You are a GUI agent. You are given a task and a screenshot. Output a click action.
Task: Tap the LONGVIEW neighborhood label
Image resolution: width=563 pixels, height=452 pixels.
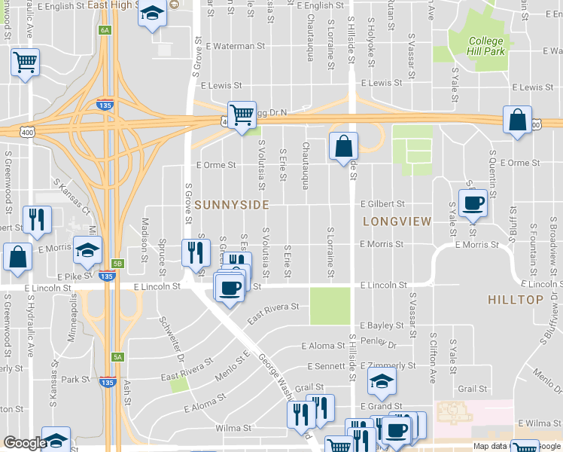[x=396, y=221]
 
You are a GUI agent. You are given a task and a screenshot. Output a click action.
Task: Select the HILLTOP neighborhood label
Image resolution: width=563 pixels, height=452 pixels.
[x=515, y=300]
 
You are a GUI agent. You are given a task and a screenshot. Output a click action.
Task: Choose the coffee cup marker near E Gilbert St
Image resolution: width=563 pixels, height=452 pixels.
[x=473, y=204]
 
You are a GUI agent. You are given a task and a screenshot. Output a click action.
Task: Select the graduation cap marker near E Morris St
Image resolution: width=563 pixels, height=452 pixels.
[x=87, y=250]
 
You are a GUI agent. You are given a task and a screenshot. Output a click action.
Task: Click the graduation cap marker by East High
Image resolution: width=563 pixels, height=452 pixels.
[x=153, y=14]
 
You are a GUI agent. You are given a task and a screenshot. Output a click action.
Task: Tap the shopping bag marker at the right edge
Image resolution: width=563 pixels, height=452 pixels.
[x=518, y=121]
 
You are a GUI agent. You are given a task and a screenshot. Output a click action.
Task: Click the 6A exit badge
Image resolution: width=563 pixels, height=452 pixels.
[x=104, y=30]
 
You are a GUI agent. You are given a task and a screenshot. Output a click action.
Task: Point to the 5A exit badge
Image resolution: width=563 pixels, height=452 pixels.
[x=117, y=358]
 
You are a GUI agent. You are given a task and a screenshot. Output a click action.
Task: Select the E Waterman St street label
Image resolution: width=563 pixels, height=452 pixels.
[x=236, y=46]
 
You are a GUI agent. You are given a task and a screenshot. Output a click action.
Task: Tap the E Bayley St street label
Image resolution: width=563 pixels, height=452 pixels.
[x=382, y=325]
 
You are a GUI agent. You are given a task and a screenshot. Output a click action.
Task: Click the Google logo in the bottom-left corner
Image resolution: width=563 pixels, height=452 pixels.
[x=25, y=443]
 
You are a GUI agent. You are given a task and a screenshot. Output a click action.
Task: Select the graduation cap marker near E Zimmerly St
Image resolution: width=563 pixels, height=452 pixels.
[x=382, y=381]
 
